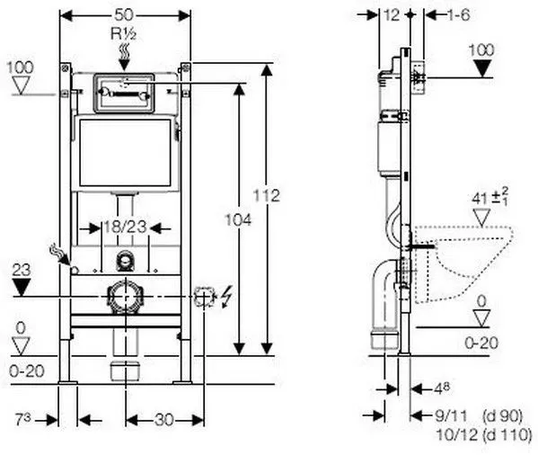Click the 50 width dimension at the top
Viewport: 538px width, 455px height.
[x=124, y=14]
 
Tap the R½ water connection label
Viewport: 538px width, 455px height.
[x=124, y=34]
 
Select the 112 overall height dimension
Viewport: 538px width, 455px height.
[x=266, y=196]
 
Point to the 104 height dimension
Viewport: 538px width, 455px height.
[x=238, y=219]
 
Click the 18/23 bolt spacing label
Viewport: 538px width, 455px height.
[x=125, y=227]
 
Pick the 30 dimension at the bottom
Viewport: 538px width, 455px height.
[x=164, y=420]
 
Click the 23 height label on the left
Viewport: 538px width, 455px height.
[x=22, y=270]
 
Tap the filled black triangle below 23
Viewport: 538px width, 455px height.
[x=22, y=287]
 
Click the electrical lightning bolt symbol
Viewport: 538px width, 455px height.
[x=226, y=297]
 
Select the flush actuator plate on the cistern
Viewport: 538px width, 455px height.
[x=124, y=93]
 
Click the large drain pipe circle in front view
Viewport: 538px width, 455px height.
[x=124, y=297]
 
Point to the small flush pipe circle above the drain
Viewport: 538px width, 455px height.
[x=124, y=260]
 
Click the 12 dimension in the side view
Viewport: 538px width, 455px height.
[x=392, y=14]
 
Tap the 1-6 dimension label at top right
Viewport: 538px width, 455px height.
[x=458, y=15]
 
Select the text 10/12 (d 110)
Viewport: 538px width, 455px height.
[x=484, y=435]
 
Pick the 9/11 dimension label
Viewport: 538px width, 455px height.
[x=451, y=416]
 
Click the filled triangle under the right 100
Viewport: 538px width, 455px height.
[x=482, y=68]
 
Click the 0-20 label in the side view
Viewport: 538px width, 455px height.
[x=481, y=343]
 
